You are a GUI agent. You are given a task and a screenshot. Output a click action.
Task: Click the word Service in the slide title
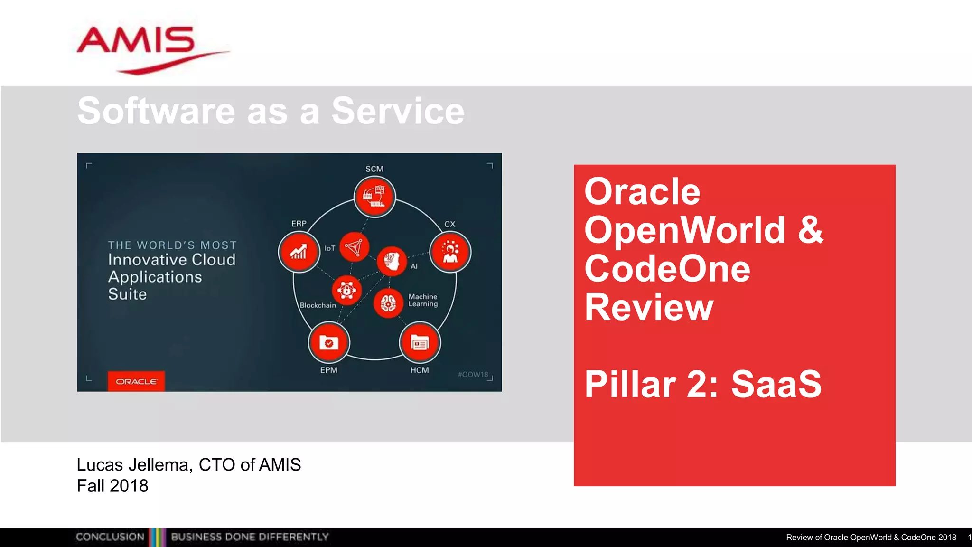pyautogui.click(x=398, y=111)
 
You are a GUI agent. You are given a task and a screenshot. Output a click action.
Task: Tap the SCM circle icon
pyautogui.click(x=374, y=196)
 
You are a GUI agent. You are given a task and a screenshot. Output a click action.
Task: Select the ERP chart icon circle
pyautogui.click(x=299, y=252)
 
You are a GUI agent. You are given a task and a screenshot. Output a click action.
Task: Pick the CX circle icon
pyautogui.click(x=450, y=252)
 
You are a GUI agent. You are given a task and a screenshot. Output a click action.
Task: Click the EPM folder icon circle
pyautogui.click(x=328, y=342)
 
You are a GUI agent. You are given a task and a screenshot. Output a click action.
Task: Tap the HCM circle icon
pyautogui.click(x=420, y=342)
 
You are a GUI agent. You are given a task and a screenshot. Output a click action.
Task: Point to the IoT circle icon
pyautogui.click(x=354, y=247)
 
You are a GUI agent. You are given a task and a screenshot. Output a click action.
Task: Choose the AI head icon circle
pyautogui.click(x=392, y=261)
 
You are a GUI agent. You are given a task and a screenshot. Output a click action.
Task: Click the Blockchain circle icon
pyautogui.click(x=346, y=290)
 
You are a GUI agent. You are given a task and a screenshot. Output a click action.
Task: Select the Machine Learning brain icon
pyautogui.click(x=388, y=302)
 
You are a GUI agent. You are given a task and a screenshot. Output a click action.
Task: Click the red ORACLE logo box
pyautogui.click(x=136, y=381)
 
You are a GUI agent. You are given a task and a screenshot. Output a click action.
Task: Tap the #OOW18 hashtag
pyautogui.click(x=473, y=374)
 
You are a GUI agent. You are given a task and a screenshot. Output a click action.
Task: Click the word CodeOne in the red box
pyautogui.click(x=667, y=269)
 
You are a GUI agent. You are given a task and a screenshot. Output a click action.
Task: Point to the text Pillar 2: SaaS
pyautogui.click(x=703, y=384)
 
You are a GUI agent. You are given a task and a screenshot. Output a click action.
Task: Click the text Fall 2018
pyautogui.click(x=112, y=486)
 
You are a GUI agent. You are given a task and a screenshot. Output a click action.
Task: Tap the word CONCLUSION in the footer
pyautogui.click(x=110, y=537)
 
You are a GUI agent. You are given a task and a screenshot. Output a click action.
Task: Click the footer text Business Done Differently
pyautogui.click(x=250, y=537)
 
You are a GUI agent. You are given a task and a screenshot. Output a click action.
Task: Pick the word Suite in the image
pyautogui.click(x=127, y=294)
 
